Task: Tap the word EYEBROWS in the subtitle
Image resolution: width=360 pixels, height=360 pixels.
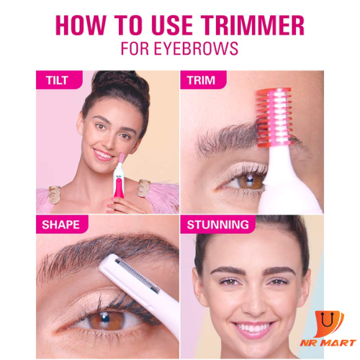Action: (196, 48)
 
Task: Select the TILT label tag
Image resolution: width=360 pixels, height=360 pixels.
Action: (59, 80)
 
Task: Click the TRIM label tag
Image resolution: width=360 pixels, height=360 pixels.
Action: (203, 80)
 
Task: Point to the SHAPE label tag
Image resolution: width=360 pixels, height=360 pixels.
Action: (62, 225)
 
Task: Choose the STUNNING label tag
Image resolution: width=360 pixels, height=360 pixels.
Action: (217, 225)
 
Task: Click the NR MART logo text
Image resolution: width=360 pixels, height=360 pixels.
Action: (328, 343)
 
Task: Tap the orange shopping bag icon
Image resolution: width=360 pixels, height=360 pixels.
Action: (328, 324)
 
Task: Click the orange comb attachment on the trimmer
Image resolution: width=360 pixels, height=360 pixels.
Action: (275, 117)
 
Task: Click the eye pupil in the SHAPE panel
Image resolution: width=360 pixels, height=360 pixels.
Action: (105, 318)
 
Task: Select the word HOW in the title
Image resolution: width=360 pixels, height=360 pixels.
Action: (81, 25)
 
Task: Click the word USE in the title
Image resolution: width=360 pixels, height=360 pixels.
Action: (172, 25)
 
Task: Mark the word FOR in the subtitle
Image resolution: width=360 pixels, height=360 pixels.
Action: (135, 48)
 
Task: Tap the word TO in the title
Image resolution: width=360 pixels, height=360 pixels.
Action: (129, 25)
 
